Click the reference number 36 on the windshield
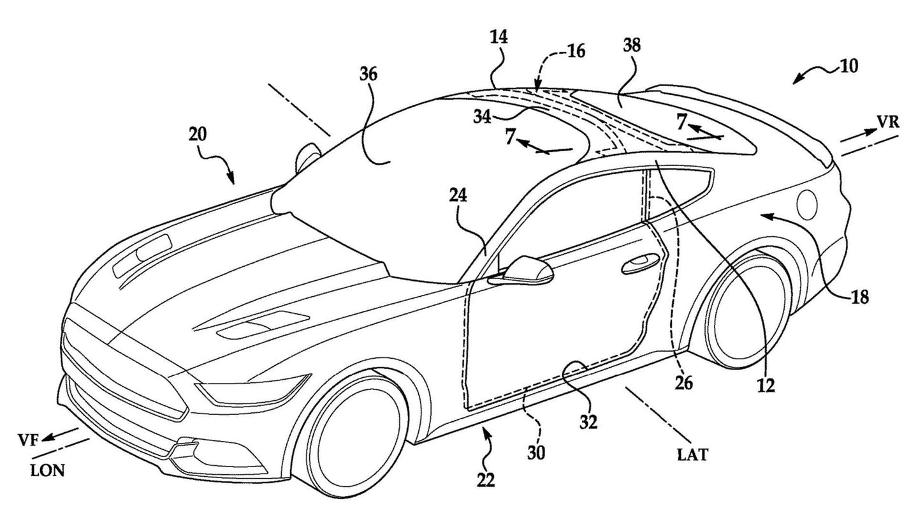coord(368,75)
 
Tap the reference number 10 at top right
coord(848,65)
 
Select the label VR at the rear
coord(887,123)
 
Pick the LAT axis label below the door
coord(693,454)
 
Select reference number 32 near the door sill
coord(588,423)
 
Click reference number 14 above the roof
coord(499,37)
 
